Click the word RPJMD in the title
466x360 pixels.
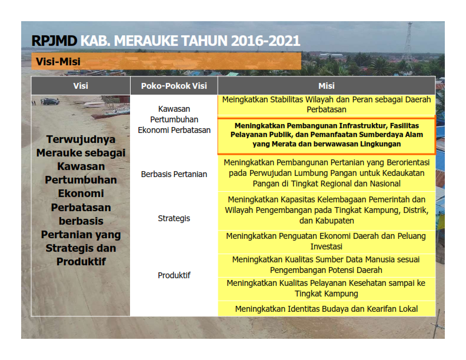[x=54, y=41]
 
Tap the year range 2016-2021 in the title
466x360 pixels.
[x=265, y=41]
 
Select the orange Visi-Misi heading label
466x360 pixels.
[x=166, y=62]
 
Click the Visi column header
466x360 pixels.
[x=81, y=86]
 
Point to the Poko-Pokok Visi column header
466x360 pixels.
[x=174, y=86]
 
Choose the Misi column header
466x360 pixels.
[x=327, y=86]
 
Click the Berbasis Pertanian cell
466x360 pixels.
[x=174, y=174]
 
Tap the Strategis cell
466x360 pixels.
[x=174, y=218]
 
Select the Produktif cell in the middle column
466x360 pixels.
[x=174, y=275]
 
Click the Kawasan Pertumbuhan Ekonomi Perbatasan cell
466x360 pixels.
[x=174, y=119]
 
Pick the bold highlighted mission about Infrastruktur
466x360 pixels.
[x=327, y=135]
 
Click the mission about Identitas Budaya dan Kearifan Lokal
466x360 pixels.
[x=327, y=309]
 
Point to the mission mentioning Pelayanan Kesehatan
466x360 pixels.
[x=327, y=288]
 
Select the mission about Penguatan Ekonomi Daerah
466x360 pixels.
[x=327, y=241]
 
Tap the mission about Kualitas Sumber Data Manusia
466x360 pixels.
[x=327, y=265]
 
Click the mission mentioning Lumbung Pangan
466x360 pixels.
[x=327, y=173]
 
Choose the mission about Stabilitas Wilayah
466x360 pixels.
[x=327, y=105]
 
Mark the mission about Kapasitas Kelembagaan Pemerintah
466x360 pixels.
[x=327, y=210]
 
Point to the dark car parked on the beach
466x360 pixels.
[x=50, y=102]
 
